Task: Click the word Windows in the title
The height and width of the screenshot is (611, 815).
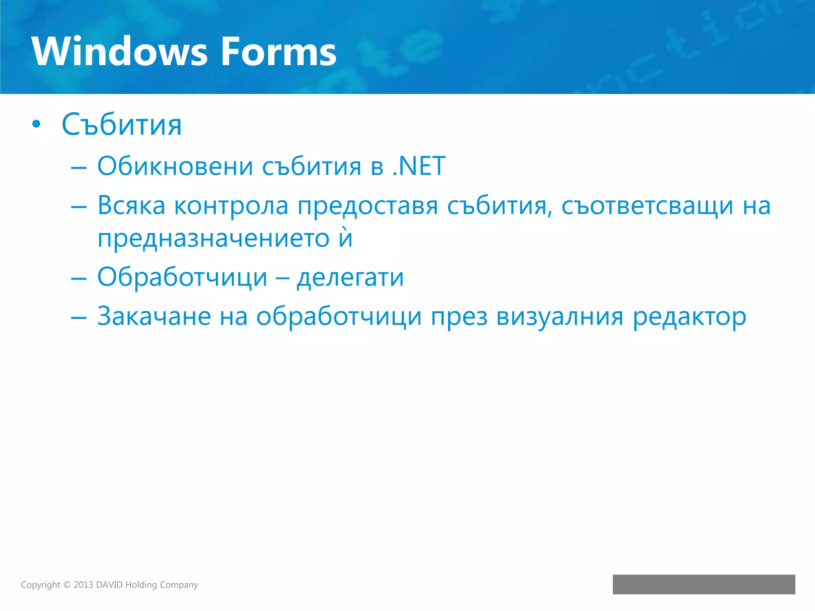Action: pyautogui.click(x=119, y=52)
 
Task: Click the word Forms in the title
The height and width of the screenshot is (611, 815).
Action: pyautogui.click(x=279, y=52)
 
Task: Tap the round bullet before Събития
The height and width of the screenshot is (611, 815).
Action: pyautogui.click(x=36, y=125)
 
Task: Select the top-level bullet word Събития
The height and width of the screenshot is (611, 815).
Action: pyautogui.click(x=122, y=125)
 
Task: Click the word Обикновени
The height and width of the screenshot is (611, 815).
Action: pyautogui.click(x=175, y=166)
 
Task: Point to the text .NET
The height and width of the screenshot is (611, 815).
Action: pyautogui.click(x=419, y=166)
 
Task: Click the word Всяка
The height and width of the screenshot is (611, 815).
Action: pyautogui.click(x=131, y=206)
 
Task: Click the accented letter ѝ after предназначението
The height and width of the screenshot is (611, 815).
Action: pyautogui.click(x=346, y=238)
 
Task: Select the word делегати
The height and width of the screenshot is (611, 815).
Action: pyautogui.click(x=350, y=278)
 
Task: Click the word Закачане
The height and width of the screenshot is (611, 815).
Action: pyautogui.click(x=154, y=317)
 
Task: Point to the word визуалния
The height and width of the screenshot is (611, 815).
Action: pyautogui.click(x=560, y=317)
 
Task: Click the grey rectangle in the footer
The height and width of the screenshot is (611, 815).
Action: pyautogui.click(x=704, y=584)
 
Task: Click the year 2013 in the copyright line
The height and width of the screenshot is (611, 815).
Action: pyautogui.click(x=83, y=585)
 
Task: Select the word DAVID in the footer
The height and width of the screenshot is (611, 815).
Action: pyautogui.click(x=109, y=585)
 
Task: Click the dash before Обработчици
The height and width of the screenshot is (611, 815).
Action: pyautogui.click(x=78, y=278)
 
